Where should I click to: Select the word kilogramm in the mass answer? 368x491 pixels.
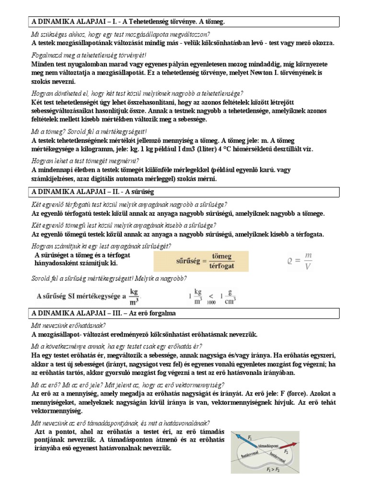pyautogui.click(x=92, y=149)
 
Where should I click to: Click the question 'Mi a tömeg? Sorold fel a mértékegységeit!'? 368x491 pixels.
pyautogui.click(x=89, y=131)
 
